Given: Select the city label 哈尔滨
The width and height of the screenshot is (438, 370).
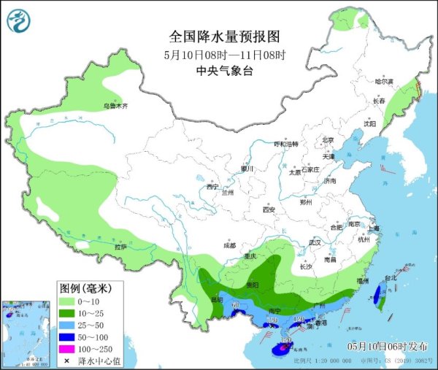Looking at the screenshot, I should [x=374, y=81].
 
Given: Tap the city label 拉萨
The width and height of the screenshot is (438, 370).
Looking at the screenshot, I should [x=120, y=247].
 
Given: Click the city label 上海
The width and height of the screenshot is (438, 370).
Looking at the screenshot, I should [x=374, y=228].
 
